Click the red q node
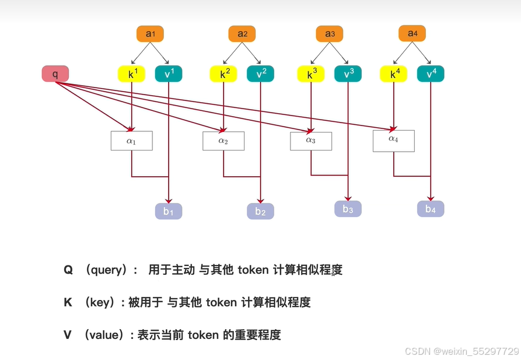point(55,74)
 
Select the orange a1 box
point(151,34)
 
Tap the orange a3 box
point(330,34)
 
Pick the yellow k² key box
point(223,74)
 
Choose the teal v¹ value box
point(169,74)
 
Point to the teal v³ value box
point(348,74)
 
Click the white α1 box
point(131,141)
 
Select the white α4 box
point(394,140)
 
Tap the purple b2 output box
point(260,212)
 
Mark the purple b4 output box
point(431,209)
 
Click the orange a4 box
point(412,33)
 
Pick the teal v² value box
point(261,74)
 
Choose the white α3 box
point(311,141)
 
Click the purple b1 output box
point(169,211)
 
